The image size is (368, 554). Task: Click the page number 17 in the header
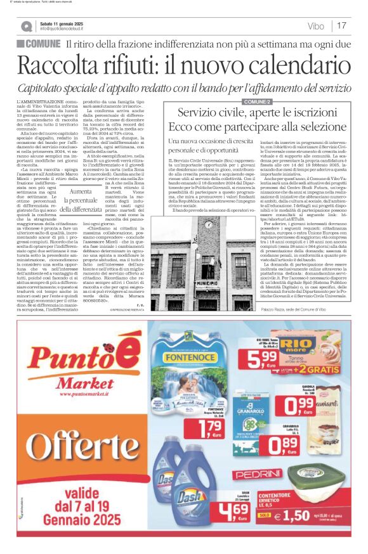coord(341,26)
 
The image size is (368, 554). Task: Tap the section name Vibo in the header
coord(315,26)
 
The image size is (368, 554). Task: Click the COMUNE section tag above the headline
coord(39,44)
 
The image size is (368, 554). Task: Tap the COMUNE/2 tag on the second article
coord(256,101)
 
